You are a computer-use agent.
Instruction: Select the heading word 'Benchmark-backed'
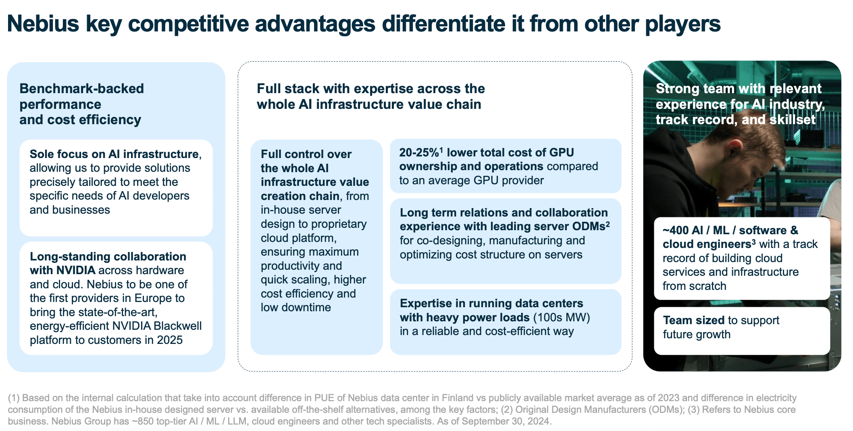pos(81,89)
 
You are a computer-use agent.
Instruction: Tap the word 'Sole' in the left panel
pos(41,154)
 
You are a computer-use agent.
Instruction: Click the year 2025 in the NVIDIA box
pos(170,340)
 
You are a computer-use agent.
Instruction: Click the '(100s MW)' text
pos(562,317)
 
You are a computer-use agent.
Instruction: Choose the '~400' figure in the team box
pos(675,230)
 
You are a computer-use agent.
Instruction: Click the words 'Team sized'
pos(693,320)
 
